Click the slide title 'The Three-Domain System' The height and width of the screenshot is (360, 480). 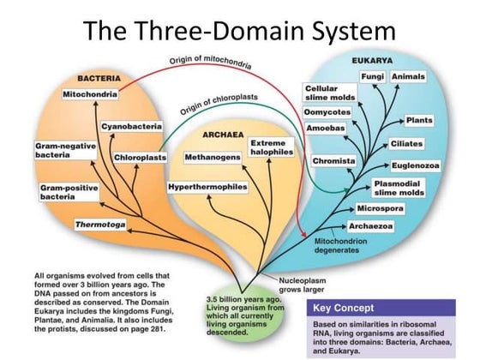(240, 32)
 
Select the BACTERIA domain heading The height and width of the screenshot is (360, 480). (97, 77)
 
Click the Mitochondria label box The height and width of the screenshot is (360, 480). (91, 93)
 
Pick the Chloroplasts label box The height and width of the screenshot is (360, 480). (140, 158)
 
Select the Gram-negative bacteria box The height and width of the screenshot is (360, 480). (63, 151)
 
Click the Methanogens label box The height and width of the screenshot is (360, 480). (213, 158)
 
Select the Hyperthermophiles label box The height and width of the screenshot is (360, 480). (208, 186)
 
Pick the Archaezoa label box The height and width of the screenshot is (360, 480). (370, 226)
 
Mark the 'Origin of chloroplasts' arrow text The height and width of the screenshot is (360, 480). (221, 107)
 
